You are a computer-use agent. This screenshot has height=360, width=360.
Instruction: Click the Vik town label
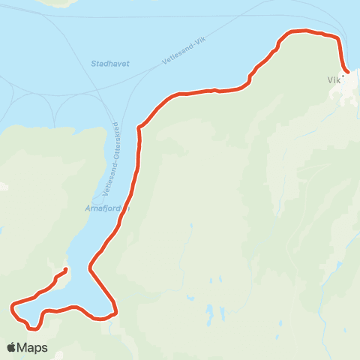coord(334,79)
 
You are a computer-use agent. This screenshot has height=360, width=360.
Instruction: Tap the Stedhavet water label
coord(110,64)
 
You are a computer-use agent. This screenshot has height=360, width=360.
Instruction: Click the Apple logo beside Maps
coord(12,347)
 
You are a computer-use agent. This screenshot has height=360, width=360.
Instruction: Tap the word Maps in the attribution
coord(34,347)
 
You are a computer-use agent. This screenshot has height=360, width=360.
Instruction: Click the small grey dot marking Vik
coord(343,74)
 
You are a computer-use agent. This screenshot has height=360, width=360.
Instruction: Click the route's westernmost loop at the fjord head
coord(13,306)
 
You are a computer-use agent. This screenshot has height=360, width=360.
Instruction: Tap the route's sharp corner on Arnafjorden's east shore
coord(91,267)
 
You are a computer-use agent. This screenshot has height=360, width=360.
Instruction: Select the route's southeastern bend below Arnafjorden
coord(115,310)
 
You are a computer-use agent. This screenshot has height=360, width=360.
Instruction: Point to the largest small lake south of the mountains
coord(211,310)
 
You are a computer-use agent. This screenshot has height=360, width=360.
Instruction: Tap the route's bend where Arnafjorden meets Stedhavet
coord(139,126)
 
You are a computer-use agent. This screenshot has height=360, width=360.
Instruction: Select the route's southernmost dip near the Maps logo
coord(34,328)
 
